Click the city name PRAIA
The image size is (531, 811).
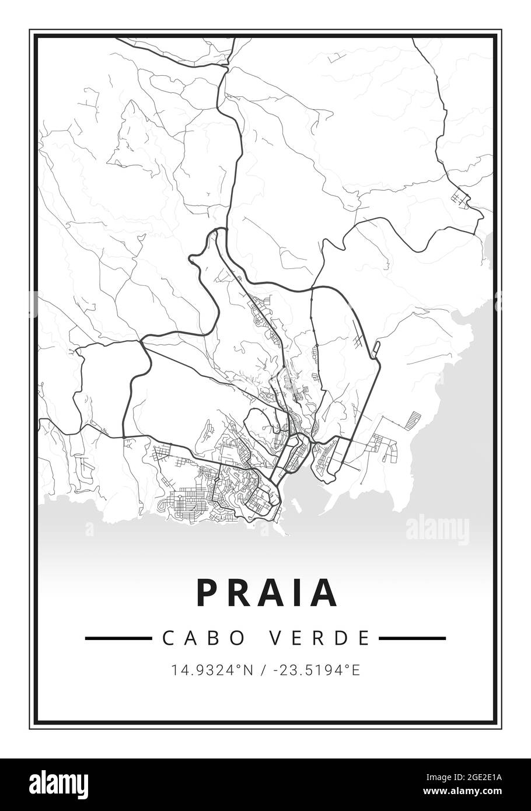click(267, 593)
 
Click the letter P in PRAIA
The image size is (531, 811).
click(207, 593)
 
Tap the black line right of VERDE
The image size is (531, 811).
click(412, 638)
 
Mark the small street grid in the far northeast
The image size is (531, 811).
click(461, 200)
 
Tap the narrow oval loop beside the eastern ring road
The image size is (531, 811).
click(376, 349)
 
